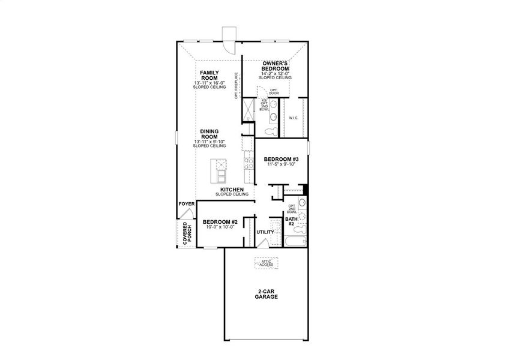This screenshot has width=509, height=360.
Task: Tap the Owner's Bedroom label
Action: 276,65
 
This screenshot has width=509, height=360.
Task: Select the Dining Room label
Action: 209,134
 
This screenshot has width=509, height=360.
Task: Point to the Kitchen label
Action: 232,189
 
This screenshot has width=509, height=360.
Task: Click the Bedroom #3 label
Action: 281,159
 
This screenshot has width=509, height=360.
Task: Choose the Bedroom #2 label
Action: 220,222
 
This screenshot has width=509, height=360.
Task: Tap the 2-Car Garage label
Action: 266,294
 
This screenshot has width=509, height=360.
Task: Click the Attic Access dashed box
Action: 266,262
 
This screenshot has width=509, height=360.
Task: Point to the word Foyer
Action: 186,204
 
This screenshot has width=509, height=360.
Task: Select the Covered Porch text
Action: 187,233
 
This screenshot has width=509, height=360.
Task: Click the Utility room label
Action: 265,232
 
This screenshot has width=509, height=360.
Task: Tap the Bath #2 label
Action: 291,221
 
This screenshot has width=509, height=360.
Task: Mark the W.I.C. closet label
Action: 294,118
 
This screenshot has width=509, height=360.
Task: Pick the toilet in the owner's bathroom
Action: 271,130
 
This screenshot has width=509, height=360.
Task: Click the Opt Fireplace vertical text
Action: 236,85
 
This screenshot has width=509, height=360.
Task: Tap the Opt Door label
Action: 274,92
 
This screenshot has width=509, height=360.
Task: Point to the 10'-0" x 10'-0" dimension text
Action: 220,227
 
